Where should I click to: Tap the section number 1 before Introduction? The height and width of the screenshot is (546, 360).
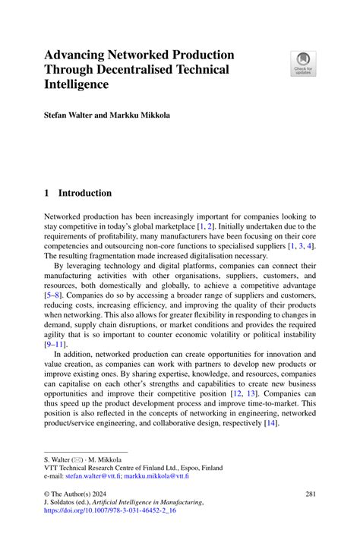[x=47, y=193]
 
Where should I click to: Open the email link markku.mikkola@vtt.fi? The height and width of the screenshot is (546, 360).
[x=158, y=478]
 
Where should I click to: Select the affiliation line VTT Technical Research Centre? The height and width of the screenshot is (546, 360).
[x=133, y=469]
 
